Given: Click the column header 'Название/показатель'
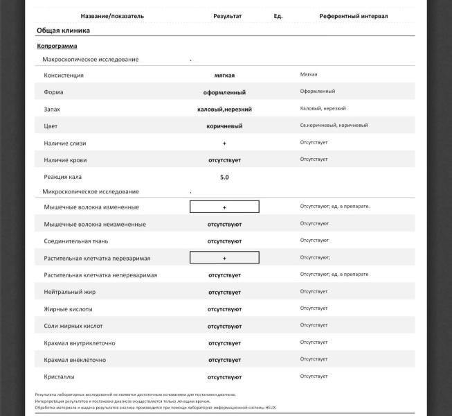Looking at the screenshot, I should coord(112,16).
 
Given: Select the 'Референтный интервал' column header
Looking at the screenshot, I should coord(353,16).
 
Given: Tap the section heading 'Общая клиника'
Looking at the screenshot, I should coord(63,31).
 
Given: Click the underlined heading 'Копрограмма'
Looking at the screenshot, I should coord(57,46).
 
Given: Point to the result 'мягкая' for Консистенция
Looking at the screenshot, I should coord(224,75).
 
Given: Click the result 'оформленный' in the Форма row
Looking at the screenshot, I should coord(224,92).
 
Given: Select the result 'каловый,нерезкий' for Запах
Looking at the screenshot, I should coord(224,109).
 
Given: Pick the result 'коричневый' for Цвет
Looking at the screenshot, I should coord(224,126).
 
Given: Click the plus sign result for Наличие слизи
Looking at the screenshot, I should coord(224,144).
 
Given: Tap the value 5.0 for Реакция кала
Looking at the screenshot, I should coord(224,177).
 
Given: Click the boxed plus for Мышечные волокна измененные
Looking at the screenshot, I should coord(224,207).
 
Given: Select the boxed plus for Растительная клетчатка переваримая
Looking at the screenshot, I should coord(224,258).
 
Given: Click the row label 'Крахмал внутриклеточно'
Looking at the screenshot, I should coord(79,343).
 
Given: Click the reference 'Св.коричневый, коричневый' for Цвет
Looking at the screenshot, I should coord(334,125).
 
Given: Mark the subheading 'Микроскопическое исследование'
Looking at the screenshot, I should coord(91,191).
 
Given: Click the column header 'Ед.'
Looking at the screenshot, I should coord(278,16).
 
